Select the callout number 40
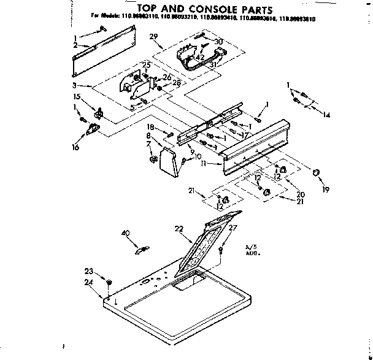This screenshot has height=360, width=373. tap(126, 232)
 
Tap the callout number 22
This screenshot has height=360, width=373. tap(179, 229)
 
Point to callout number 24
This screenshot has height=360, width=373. tap(89, 283)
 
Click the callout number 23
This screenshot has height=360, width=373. tap(89, 271)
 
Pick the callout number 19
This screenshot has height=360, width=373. tap(326, 190)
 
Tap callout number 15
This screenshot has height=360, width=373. tap(77, 97)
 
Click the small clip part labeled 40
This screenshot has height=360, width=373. tap(141, 248)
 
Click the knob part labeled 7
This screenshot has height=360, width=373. tap(150, 160)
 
